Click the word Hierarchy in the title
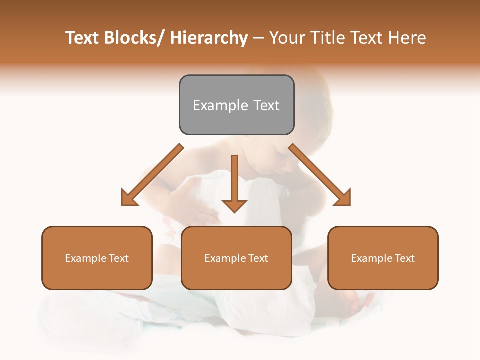[x=209, y=38]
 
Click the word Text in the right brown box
[x=404, y=258]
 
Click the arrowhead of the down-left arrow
[x=129, y=198]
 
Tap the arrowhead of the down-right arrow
[x=343, y=198]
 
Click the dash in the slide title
[x=258, y=38]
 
